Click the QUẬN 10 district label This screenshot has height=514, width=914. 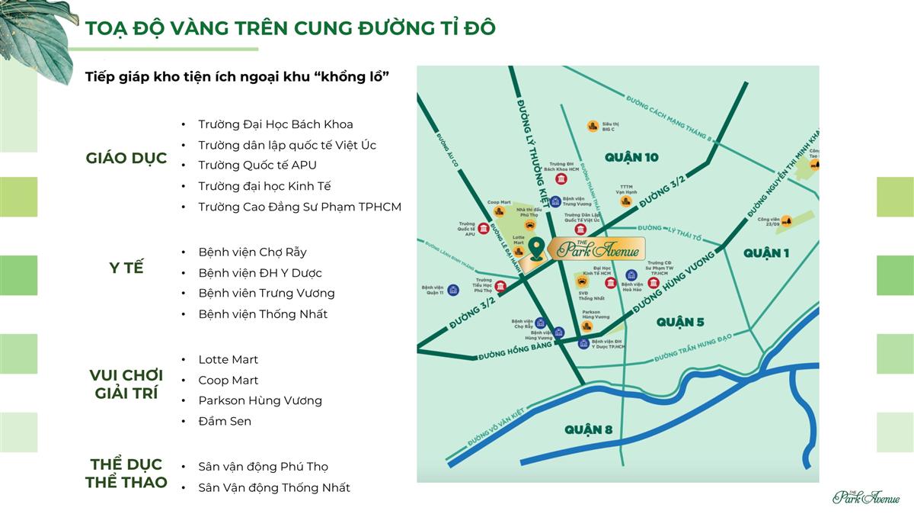pos(631,157)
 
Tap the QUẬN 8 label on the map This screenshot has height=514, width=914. pos(588,430)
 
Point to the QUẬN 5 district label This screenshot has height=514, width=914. pos(679,322)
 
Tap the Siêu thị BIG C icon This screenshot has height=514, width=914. pos(592,126)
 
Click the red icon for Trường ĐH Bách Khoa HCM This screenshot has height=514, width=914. pos(561,179)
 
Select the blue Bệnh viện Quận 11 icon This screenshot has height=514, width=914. pos(453,290)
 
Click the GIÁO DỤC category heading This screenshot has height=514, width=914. pos(126,159)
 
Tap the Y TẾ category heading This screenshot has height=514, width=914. pos(126,268)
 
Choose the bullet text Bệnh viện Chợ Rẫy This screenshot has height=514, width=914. pos(252,252)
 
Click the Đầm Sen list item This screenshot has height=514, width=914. pos(225,421)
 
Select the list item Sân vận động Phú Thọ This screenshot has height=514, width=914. pos(263,467)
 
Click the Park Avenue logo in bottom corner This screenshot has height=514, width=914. pos(866,496)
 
